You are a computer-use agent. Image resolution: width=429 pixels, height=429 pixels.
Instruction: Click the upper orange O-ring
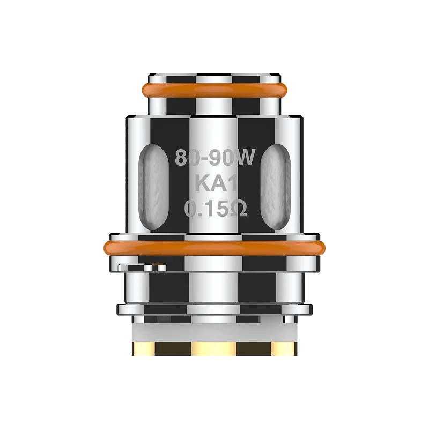click(x=214, y=90)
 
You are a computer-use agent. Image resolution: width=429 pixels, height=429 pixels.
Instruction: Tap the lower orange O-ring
click(x=214, y=248)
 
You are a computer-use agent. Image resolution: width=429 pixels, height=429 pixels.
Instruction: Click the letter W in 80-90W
click(x=248, y=158)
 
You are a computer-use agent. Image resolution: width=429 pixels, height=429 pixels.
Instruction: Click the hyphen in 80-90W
click(x=205, y=159)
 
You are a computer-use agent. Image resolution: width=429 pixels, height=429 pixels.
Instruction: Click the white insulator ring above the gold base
click(x=214, y=328)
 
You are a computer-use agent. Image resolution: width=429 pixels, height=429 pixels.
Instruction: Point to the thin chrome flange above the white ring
click(x=214, y=309)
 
